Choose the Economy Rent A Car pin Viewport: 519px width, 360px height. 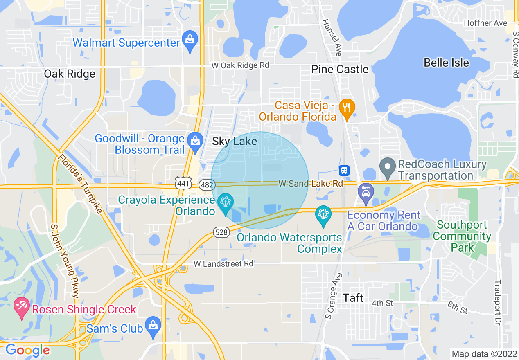tap(366, 193)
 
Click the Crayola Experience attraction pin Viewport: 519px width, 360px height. tap(226, 202)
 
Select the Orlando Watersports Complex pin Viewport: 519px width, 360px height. tap(323, 215)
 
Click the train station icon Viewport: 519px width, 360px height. tap(344, 170)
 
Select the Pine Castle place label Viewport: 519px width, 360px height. tap(340, 69)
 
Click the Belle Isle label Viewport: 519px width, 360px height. tap(446, 63)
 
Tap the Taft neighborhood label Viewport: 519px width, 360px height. tap(353, 297)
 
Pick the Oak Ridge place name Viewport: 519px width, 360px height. tap(70, 74)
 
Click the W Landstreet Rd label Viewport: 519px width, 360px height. tap(223, 264)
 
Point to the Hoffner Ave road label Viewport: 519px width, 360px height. tap(485, 23)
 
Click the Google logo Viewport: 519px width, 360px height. tap(27, 350)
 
